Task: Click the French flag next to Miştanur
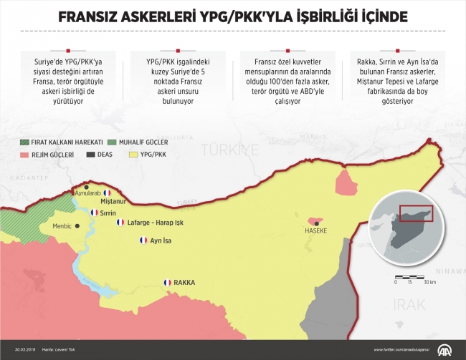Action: click(108, 193)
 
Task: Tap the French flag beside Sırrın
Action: click(94, 213)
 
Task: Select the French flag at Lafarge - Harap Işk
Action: click(120, 223)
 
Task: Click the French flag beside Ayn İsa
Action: click(143, 240)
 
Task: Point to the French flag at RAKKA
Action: click(168, 282)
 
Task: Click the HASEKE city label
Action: click(316, 231)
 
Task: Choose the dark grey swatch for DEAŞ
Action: click(91, 154)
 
